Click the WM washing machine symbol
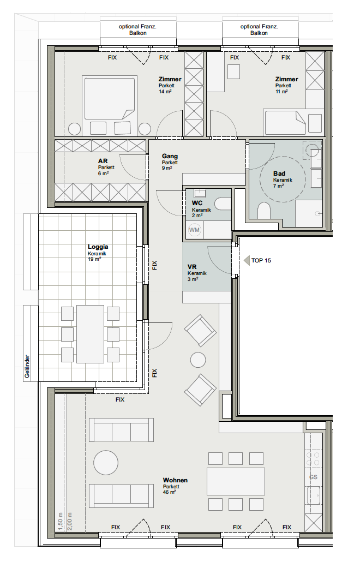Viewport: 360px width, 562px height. tap(195, 230)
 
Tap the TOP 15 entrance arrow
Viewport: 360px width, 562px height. tap(247, 261)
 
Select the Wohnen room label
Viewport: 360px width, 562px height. tap(175, 480)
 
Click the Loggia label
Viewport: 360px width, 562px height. tap(98, 247)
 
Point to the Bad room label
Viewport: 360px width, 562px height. tap(279, 174)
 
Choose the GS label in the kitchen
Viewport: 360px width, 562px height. tap(314, 477)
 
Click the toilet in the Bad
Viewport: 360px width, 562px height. tap(263, 211)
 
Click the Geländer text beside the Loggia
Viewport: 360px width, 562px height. tap(27, 366)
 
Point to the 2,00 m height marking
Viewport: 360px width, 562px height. tap(69, 523)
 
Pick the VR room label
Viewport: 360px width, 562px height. tap(192, 267)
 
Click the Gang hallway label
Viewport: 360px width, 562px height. tap(170, 156)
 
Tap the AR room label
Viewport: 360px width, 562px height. tap(103, 162)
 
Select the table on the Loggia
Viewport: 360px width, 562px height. tap(90, 334)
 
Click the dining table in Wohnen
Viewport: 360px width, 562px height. tap(236, 481)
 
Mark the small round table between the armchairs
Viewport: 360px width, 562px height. tap(198, 360)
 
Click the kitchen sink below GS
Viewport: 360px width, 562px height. tap(314, 495)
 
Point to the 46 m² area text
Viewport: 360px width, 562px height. tap(170, 493)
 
